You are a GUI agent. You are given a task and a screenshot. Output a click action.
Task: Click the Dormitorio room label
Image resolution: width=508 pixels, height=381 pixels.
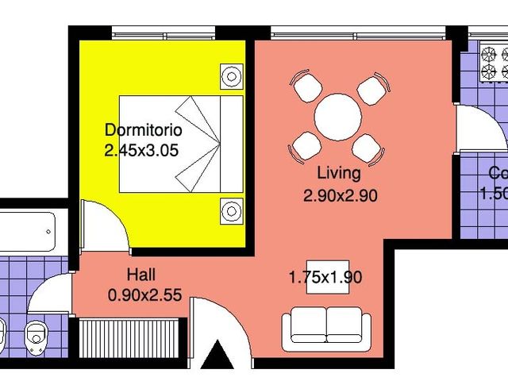[x=144, y=129]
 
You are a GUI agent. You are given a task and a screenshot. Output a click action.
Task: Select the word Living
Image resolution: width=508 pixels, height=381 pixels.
[x=338, y=173]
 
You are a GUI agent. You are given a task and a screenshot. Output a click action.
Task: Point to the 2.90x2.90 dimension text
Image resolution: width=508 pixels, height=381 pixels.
[x=339, y=193]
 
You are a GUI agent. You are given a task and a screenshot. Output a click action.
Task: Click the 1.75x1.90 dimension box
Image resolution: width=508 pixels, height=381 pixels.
[x=325, y=277]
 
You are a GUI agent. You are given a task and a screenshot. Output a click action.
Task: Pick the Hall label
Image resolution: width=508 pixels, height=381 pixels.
[x=141, y=275]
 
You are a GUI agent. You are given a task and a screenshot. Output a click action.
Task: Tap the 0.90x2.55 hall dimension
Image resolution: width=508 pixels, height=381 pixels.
[x=144, y=294]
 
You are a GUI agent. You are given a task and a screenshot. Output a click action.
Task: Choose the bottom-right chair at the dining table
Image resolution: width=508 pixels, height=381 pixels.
[x=368, y=148]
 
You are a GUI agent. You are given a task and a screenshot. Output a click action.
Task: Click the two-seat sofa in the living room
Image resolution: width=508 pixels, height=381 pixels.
[x=326, y=327]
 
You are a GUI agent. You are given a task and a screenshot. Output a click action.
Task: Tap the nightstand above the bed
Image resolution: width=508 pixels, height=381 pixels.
[x=231, y=77]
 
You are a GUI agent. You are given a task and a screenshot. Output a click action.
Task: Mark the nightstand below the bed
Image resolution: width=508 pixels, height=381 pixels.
[x=231, y=211]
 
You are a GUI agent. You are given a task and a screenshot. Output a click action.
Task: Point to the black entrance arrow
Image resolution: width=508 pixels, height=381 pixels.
[x=217, y=355]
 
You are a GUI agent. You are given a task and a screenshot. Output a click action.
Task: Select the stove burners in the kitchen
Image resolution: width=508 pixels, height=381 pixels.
[x=494, y=63]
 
